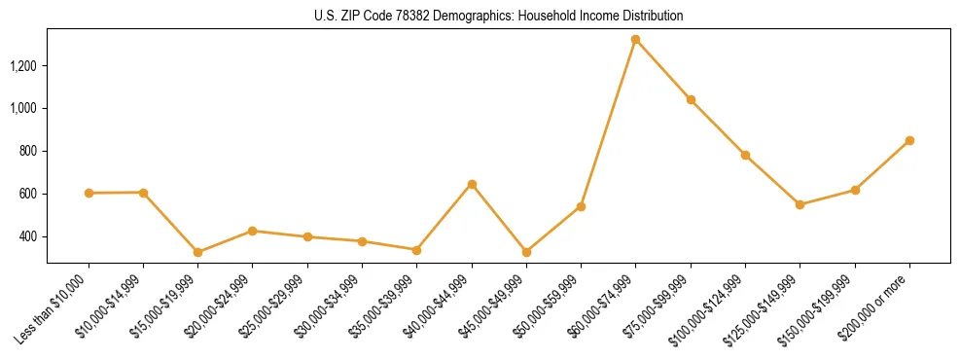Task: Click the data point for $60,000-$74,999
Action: coord(635,40)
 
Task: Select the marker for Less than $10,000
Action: coord(89,193)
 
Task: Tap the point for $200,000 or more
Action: coord(909,140)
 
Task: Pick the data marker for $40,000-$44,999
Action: coord(472,184)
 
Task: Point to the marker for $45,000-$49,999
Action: coord(526,252)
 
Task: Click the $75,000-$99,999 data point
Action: coord(691,99)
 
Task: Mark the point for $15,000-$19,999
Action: coord(198,252)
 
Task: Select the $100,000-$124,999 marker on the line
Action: coord(745,155)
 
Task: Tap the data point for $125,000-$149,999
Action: coord(800,204)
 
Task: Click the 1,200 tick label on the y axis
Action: coord(23,66)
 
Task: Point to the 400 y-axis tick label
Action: coord(28,236)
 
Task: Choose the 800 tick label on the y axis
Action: coord(28,151)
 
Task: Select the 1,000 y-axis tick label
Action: coord(23,108)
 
